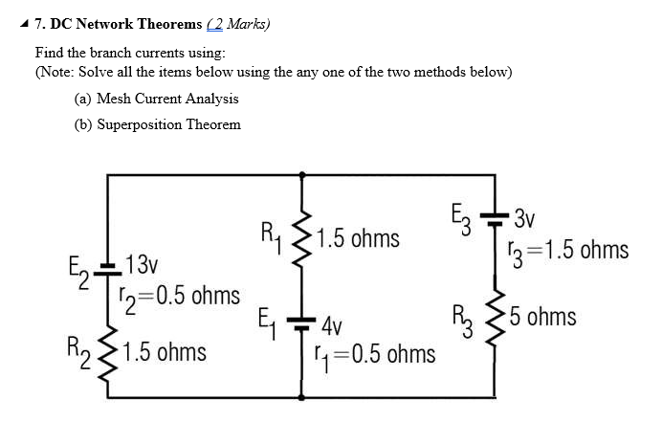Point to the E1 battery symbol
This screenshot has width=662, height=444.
[x=303, y=320]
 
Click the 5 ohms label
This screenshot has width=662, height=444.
[x=543, y=315]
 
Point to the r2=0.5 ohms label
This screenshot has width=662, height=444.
[x=180, y=296]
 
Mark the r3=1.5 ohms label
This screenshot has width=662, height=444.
[x=568, y=250]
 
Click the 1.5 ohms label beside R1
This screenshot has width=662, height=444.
[x=359, y=237]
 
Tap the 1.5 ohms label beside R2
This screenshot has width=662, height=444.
[x=165, y=351]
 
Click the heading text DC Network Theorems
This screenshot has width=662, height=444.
[x=135, y=23]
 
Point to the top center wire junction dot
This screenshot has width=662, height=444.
[x=303, y=175]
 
